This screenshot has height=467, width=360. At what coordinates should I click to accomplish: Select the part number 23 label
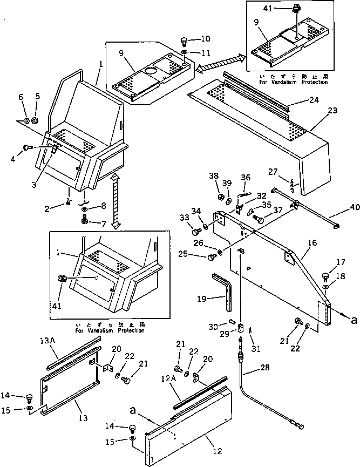tap(332, 110)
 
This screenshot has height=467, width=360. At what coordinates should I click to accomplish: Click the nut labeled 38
tap(222, 194)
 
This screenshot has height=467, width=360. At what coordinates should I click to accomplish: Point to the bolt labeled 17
tap(325, 276)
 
